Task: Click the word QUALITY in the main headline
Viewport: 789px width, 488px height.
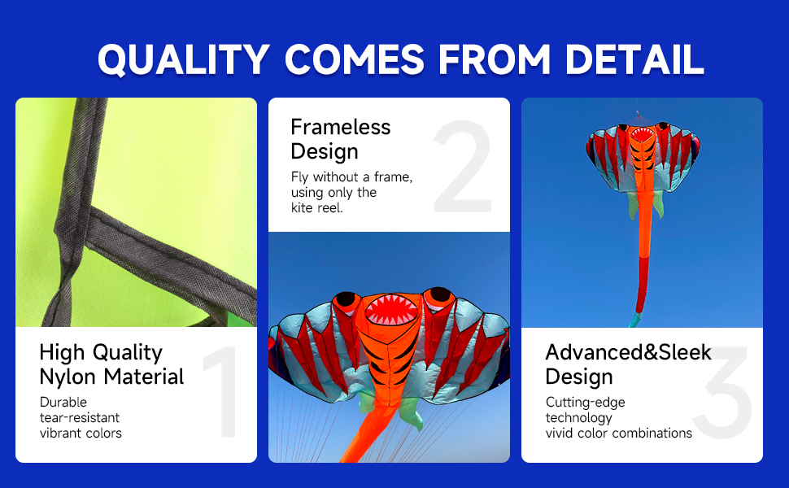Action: tap(184, 60)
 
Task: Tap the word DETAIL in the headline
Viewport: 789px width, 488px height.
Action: tap(634, 59)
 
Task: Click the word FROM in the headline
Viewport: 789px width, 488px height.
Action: tap(494, 59)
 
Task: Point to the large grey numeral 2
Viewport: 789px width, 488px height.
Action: tap(463, 167)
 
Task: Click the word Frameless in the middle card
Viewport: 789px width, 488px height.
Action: tap(341, 127)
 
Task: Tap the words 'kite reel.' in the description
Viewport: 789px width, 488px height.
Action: tap(317, 207)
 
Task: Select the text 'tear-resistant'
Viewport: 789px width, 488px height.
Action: tap(80, 417)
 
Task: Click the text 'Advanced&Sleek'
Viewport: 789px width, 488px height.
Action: tap(629, 352)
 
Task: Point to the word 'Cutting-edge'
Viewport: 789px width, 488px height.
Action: tap(585, 403)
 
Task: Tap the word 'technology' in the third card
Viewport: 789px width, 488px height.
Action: tap(578, 418)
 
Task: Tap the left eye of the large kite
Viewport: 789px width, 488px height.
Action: tap(346, 299)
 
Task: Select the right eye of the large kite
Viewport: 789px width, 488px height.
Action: tap(440, 294)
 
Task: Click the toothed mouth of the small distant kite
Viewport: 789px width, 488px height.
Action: tap(642, 134)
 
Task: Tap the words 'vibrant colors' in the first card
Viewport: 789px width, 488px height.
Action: tap(81, 434)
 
